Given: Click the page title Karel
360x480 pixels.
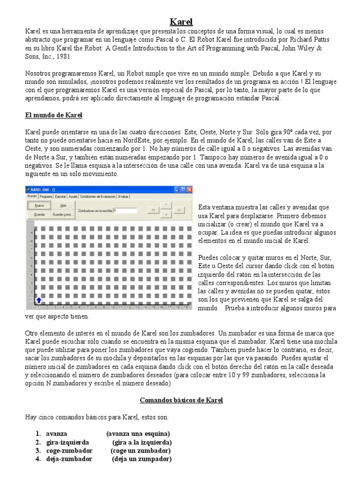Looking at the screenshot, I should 180,22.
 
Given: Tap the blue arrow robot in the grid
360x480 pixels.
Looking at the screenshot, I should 38,300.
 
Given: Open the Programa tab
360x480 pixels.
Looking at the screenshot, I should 46,196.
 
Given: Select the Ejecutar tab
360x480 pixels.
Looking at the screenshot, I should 60,196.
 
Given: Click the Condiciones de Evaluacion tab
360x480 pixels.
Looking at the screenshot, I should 97,196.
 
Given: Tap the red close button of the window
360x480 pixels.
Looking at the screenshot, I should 189,189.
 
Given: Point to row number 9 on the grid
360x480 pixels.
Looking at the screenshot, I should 31,232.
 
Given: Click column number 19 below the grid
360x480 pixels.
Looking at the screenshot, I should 186,307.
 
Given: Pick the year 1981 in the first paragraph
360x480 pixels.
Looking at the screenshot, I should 65,56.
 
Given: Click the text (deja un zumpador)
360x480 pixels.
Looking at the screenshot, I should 142,459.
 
